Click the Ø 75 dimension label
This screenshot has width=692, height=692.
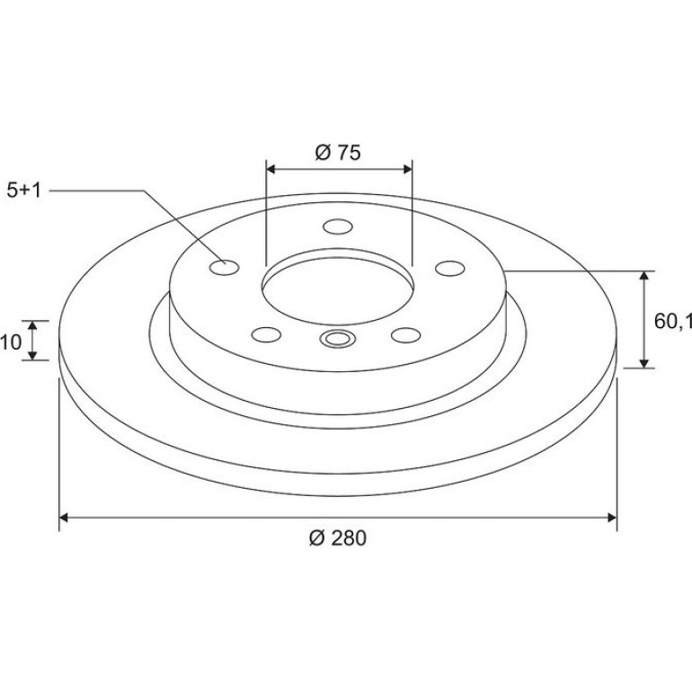click(x=338, y=152)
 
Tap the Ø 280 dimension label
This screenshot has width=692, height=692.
click(x=338, y=538)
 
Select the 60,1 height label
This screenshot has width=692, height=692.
click(x=672, y=322)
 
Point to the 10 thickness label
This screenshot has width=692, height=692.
click(x=11, y=342)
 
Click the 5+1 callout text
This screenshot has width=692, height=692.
click(x=24, y=191)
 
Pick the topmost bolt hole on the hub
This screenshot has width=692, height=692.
click(x=338, y=226)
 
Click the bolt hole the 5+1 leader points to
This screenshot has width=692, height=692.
click(x=224, y=268)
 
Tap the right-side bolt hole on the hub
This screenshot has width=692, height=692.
click(x=450, y=269)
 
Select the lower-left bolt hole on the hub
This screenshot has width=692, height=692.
click(x=266, y=334)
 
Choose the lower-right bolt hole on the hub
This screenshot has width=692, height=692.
click(x=405, y=335)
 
